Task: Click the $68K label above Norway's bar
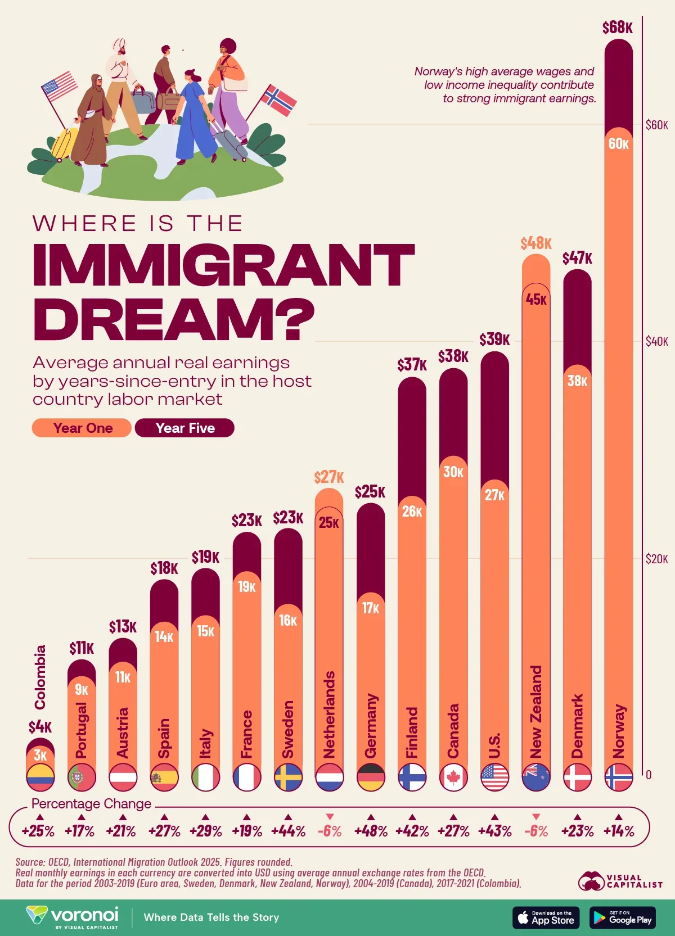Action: pyautogui.click(x=618, y=28)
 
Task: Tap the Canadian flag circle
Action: pyautogui.click(x=453, y=777)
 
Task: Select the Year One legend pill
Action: pyautogui.click(x=82, y=428)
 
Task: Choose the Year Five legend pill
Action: pyautogui.click(x=184, y=428)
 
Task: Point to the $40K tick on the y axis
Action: pyautogui.click(x=656, y=341)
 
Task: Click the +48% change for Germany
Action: pyautogui.click(x=371, y=831)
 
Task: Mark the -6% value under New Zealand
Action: pyautogui.click(x=535, y=831)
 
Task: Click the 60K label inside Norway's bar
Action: pyautogui.click(x=618, y=144)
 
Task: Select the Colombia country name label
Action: pyautogui.click(x=40, y=677)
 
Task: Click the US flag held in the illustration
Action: pyautogui.click(x=59, y=85)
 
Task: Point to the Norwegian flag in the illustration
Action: pyautogui.click(x=279, y=101)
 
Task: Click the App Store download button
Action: pyautogui.click(x=546, y=917)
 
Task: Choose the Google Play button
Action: pyautogui.click(x=622, y=917)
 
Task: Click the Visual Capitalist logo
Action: pyautogui.click(x=620, y=881)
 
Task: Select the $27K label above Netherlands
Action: pyautogui.click(x=329, y=477)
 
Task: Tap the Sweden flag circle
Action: pyautogui.click(x=288, y=777)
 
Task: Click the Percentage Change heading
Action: pyautogui.click(x=91, y=804)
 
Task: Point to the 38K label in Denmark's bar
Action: pyautogui.click(x=577, y=381)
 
